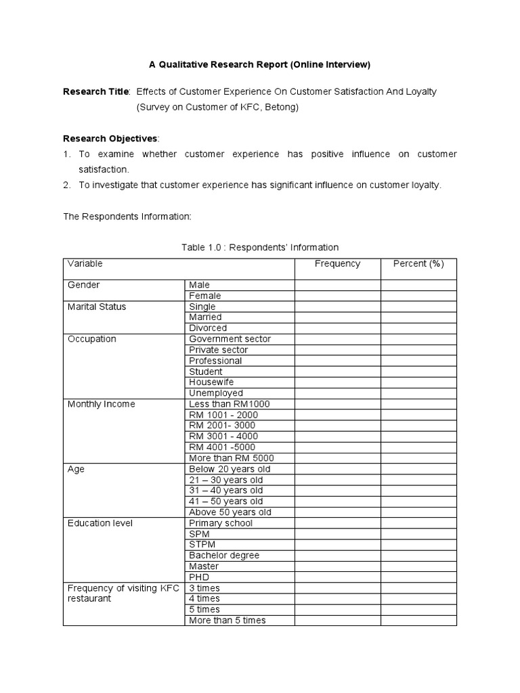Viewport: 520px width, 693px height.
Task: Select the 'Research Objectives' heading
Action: [x=110, y=138]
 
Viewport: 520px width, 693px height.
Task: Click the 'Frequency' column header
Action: [x=337, y=264]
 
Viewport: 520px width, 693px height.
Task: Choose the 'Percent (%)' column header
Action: [x=418, y=264]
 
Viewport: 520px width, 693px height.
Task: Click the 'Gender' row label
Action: [x=84, y=285]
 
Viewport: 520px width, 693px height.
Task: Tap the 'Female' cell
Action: [x=205, y=296]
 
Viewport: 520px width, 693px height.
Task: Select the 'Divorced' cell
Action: [x=208, y=328]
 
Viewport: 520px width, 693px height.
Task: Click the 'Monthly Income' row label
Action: [x=102, y=404]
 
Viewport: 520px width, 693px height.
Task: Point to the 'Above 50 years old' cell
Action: [x=230, y=512]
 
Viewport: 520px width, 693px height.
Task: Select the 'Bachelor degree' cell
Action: [x=224, y=556]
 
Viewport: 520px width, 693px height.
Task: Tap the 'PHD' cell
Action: [x=199, y=577]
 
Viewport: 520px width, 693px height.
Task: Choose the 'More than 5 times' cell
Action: [x=227, y=621]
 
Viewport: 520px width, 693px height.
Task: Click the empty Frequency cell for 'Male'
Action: [x=337, y=285]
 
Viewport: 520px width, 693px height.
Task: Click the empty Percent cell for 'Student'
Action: [x=418, y=372]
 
